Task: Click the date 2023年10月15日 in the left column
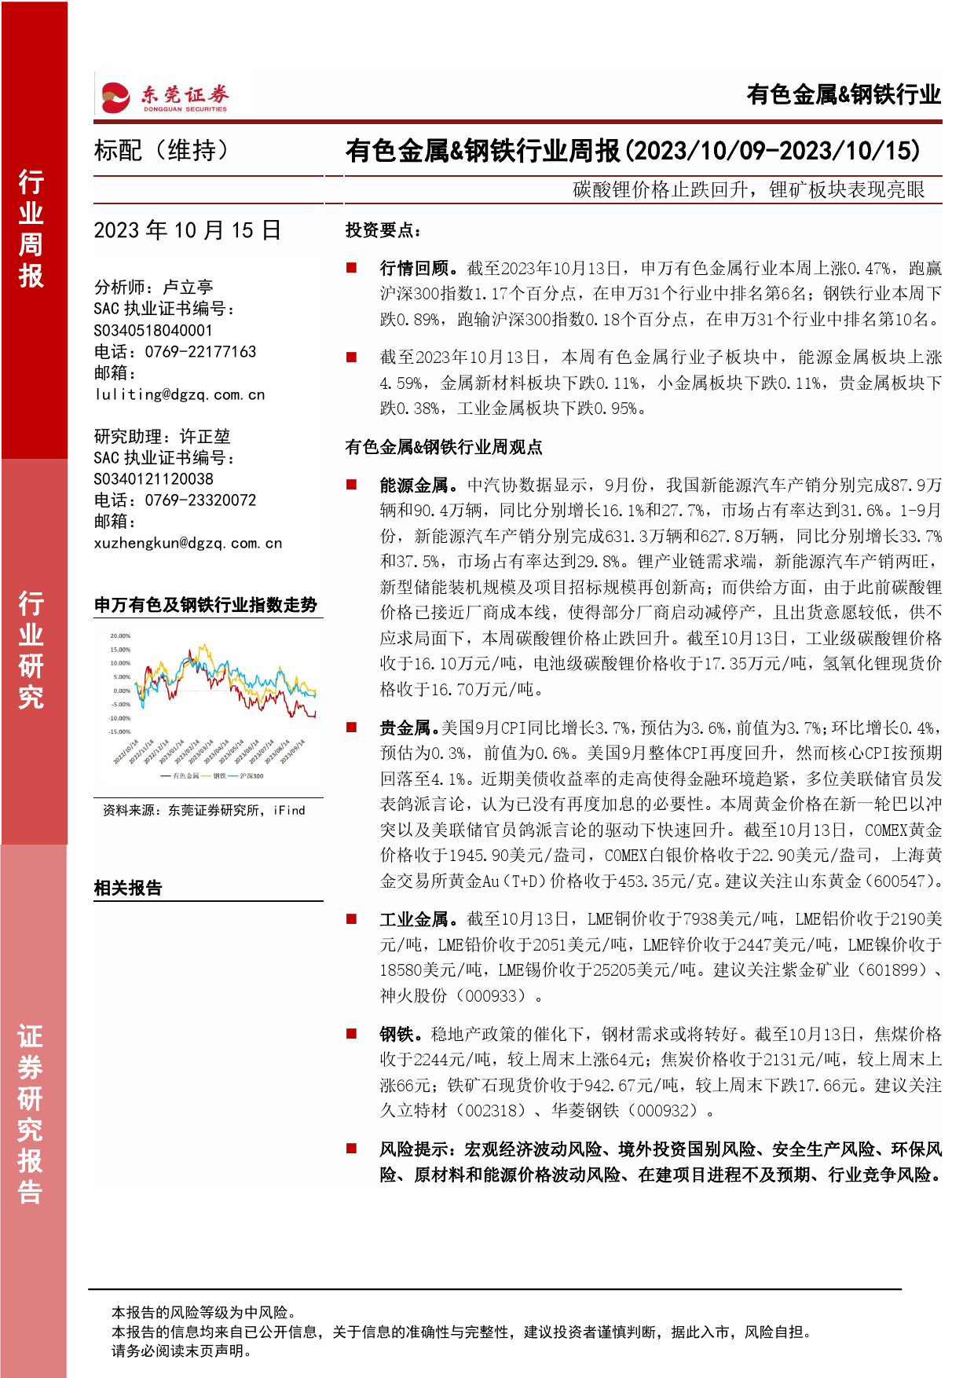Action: point(187,230)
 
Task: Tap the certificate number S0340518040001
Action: point(152,331)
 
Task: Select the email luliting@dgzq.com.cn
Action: point(179,394)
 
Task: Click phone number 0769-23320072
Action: point(200,500)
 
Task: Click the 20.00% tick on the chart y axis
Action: point(120,636)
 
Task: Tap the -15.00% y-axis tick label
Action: point(119,731)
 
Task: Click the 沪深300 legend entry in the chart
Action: point(251,776)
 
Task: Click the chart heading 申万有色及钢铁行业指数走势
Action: point(206,605)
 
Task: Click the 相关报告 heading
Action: point(128,888)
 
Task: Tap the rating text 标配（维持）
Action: point(162,150)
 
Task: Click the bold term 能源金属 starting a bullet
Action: point(413,486)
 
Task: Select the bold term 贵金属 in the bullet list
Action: point(405,728)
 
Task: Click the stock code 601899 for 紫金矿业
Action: point(893,970)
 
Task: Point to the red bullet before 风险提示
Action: point(352,1149)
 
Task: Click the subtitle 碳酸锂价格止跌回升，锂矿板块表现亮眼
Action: point(749,190)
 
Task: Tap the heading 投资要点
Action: point(383,230)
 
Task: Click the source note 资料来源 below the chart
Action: point(203,810)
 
